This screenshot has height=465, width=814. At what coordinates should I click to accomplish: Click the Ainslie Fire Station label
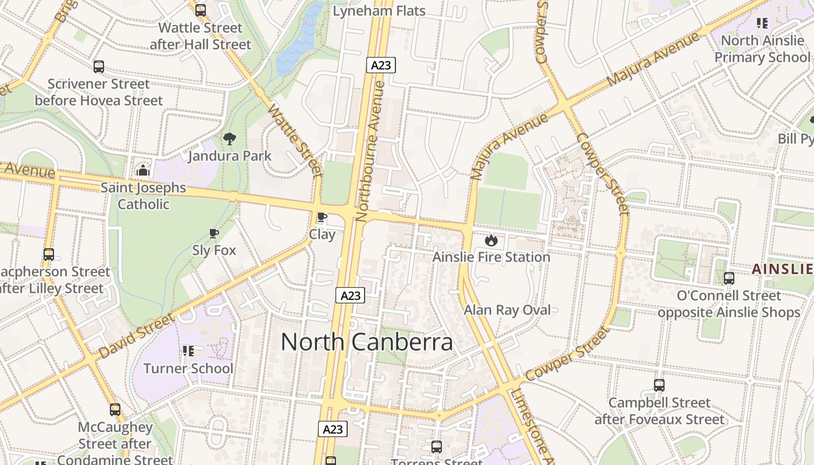[x=491, y=257]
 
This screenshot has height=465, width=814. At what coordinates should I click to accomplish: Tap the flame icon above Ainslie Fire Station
[x=491, y=239]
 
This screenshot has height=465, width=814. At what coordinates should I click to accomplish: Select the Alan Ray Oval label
[x=507, y=310]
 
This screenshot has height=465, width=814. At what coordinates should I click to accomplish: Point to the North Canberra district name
[x=367, y=342]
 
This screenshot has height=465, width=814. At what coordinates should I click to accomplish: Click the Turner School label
[x=188, y=369]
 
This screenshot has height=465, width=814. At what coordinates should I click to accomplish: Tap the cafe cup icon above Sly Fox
[x=214, y=234]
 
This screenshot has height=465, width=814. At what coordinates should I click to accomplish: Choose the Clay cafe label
[x=322, y=234]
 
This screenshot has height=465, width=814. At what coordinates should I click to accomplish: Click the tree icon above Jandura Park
[x=230, y=138]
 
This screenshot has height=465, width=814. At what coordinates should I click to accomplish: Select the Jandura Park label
[x=230, y=156]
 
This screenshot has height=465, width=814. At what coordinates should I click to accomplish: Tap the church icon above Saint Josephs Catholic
[x=143, y=170]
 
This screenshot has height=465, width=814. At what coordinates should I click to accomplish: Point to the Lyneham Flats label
[x=379, y=10]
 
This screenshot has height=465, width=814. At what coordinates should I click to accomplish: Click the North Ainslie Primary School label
[x=762, y=49]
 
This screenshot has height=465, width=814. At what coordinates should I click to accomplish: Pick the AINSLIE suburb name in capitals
[x=782, y=269]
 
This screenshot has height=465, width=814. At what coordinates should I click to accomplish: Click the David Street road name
[x=137, y=336]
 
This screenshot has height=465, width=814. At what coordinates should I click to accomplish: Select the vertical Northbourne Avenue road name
[x=370, y=151]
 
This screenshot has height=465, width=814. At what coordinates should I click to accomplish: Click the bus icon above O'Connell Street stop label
[x=729, y=278]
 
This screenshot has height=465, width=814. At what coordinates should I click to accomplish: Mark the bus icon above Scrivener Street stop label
[x=99, y=67]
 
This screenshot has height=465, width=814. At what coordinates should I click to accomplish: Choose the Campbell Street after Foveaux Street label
[x=659, y=410]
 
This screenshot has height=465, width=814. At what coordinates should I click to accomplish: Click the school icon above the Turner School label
[x=188, y=351]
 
